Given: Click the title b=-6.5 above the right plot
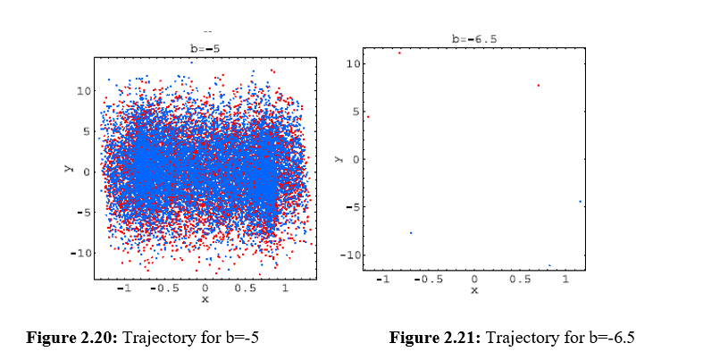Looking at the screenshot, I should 473,39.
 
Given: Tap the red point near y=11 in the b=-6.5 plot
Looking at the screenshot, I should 399,53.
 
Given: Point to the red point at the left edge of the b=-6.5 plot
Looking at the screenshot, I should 367,117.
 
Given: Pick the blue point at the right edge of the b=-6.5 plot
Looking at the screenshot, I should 580,202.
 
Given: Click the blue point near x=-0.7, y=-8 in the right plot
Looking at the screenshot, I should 411,233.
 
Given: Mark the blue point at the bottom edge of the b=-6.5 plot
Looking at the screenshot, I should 549,265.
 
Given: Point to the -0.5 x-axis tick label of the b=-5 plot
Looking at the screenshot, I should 163,289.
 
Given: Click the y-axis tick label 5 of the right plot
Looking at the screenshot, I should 355,112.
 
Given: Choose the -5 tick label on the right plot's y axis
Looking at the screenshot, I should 352,207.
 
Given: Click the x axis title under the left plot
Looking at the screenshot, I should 205,299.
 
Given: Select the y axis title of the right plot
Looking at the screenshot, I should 338,159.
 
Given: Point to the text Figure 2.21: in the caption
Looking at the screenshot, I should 433,338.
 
